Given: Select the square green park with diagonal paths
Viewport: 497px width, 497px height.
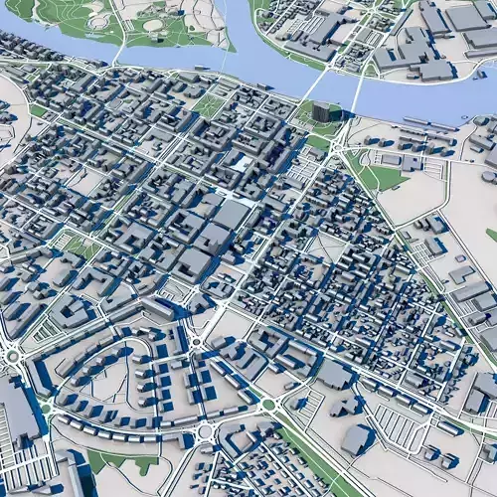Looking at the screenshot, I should [209, 104].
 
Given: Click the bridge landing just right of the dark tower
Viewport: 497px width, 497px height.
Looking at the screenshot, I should [350, 107].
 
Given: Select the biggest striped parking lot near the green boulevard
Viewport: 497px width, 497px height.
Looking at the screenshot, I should [398, 427].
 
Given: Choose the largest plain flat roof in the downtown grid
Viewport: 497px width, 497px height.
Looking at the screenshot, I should [232, 214].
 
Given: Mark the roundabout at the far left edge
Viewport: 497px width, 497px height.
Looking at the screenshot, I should [12, 355].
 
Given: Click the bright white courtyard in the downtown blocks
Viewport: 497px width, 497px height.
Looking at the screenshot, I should [242, 162].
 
